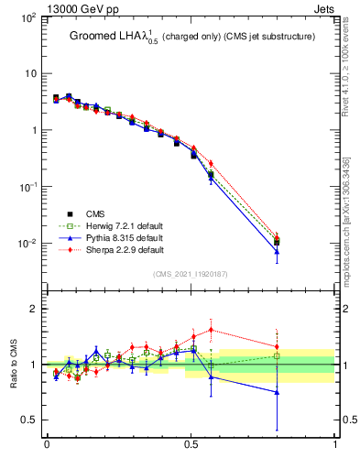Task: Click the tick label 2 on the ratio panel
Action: (x=35, y=309)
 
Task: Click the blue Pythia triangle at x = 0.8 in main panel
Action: (x=277, y=251)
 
